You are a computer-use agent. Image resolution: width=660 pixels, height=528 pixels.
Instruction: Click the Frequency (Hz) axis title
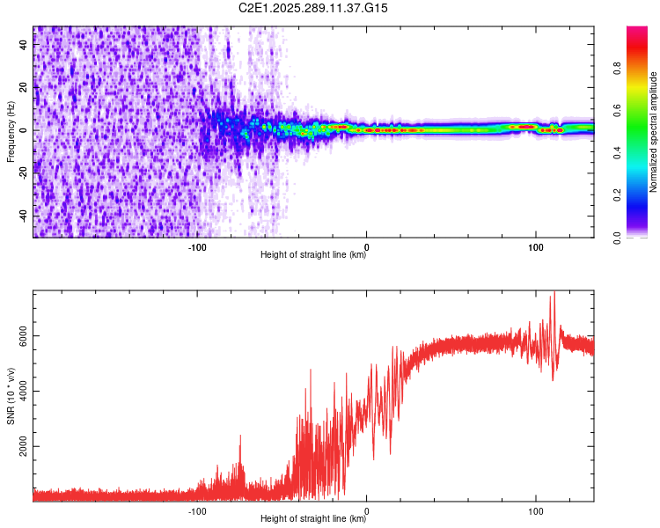coord(11,131)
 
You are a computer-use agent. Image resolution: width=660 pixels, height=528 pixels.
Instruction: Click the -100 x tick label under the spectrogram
coord(197,246)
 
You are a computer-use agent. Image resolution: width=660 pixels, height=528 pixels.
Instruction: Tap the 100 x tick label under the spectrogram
coord(535,246)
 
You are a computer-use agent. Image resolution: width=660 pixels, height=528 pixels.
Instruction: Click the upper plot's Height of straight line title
coord(313,256)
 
